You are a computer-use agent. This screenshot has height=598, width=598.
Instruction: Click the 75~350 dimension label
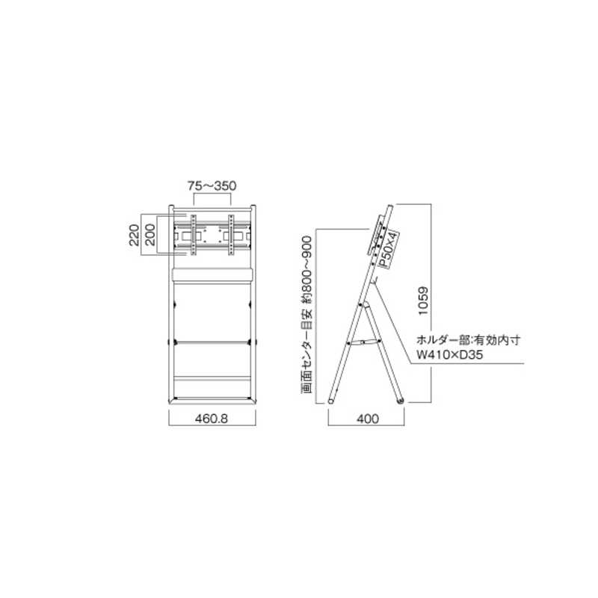pyautogui.click(x=212, y=185)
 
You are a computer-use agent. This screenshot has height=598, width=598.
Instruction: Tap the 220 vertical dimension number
pyautogui.click(x=134, y=235)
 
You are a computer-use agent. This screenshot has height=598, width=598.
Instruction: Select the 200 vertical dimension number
pyautogui.click(x=150, y=235)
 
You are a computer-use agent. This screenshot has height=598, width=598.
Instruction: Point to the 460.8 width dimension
pyautogui.click(x=212, y=419)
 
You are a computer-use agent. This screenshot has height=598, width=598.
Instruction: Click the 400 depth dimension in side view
pyautogui.click(x=368, y=419)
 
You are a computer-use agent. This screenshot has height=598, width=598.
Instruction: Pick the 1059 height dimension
pyautogui.click(x=423, y=301)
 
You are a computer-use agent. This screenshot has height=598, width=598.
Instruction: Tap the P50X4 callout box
pyautogui.click(x=388, y=249)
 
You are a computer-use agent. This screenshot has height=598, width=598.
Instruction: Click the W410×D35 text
pyautogui.click(x=450, y=354)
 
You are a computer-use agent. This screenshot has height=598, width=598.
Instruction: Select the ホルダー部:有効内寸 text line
pyautogui.click(x=469, y=340)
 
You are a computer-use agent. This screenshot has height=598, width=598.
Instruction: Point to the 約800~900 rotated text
pyautogui.click(x=306, y=271)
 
